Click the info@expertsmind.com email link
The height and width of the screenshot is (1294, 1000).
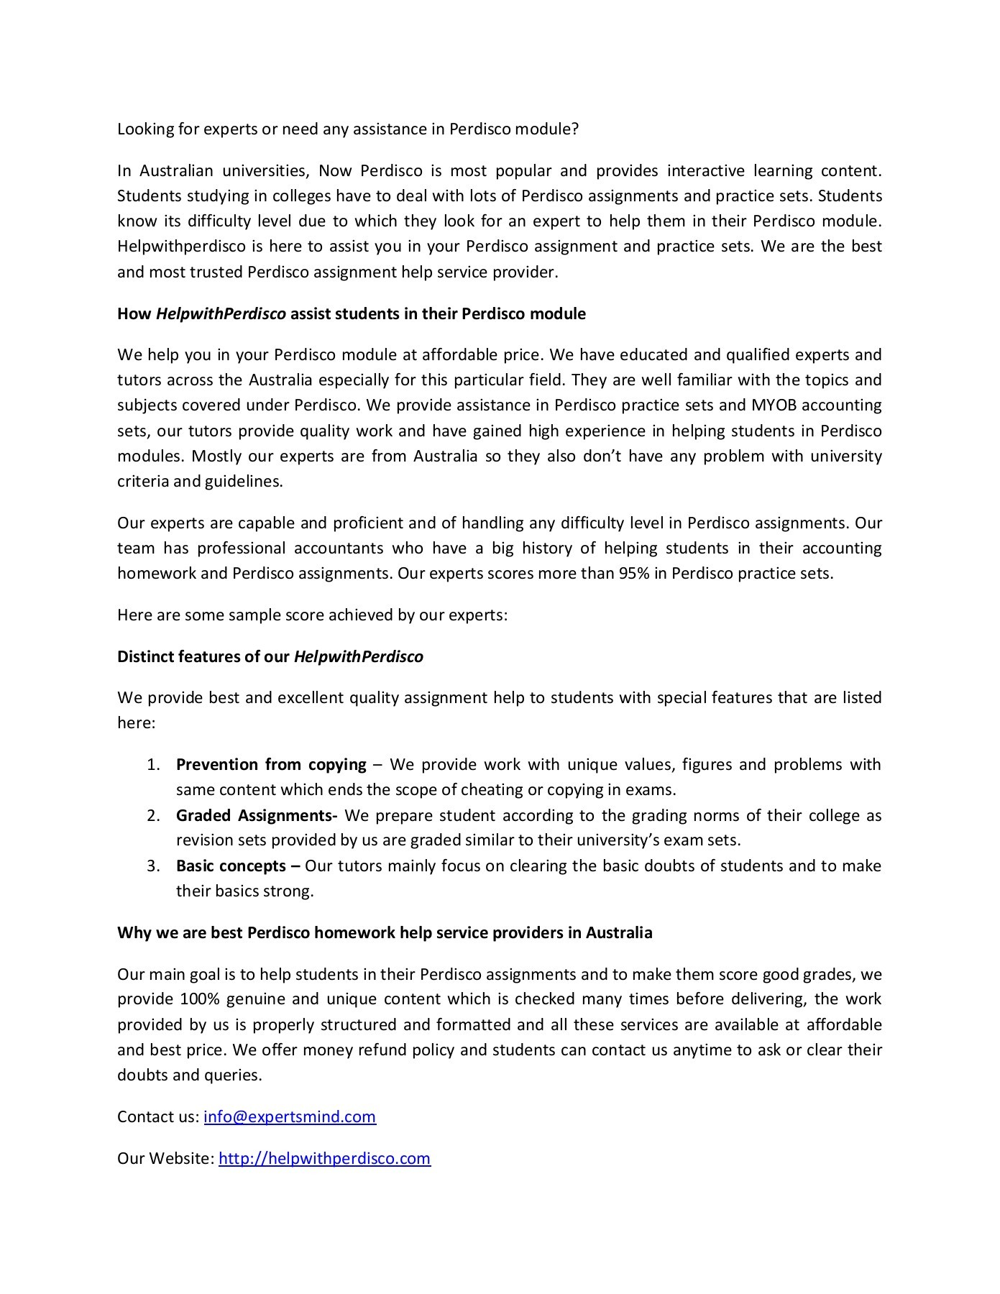point(290,1116)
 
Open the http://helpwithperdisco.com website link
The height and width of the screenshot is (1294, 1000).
point(324,1158)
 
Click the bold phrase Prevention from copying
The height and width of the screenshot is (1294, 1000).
point(271,764)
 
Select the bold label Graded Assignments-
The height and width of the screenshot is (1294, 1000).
point(257,815)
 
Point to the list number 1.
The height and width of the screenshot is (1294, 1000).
point(152,764)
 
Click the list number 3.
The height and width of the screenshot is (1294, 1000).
point(152,866)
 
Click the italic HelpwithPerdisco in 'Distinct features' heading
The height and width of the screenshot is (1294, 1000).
point(358,656)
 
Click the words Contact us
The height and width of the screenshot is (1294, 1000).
point(157,1116)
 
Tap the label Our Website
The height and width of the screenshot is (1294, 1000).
point(165,1158)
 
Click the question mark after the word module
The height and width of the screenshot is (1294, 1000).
point(576,129)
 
